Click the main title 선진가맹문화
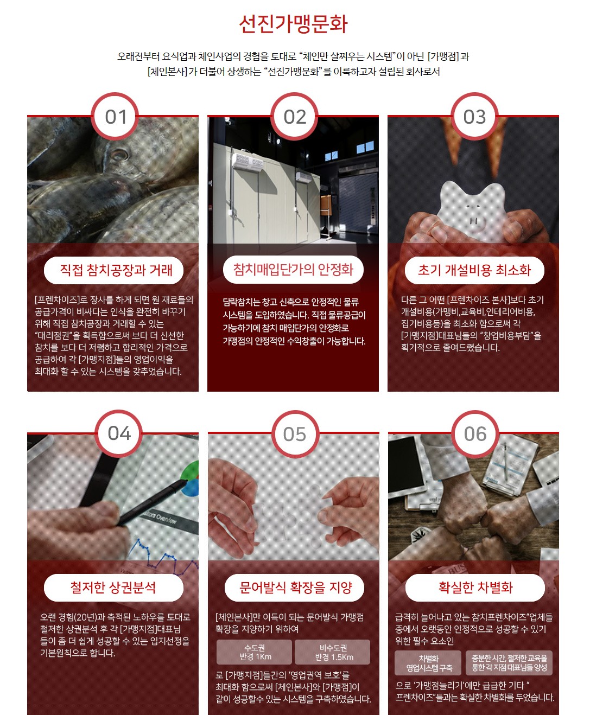pyautogui.click(x=293, y=24)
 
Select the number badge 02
pyautogui.click(x=294, y=117)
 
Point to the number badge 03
pyautogui.click(x=474, y=117)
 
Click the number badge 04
pyautogui.click(x=118, y=433)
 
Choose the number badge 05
pyautogui.click(x=295, y=434)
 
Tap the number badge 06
pyautogui.click(x=475, y=434)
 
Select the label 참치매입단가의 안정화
pyautogui.click(x=293, y=270)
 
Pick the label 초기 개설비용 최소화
pyautogui.click(x=474, y=270)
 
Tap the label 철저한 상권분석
pyautogui.click(x=113, y=588)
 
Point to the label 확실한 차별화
pyautogui.click(x=475, y=588)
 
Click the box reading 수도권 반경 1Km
pyautogui.click(x=254, y=652)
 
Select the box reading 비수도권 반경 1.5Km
pyautogui.click(x=332, y=652)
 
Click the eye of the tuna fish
pyautogui.click(x=119, y=155)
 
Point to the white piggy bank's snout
pyautogui.click(x=477, y=222)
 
